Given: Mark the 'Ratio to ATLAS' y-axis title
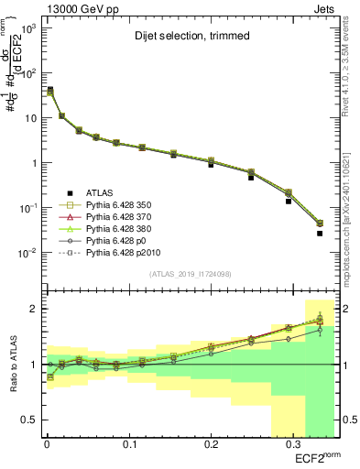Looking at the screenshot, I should (10, 365).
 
